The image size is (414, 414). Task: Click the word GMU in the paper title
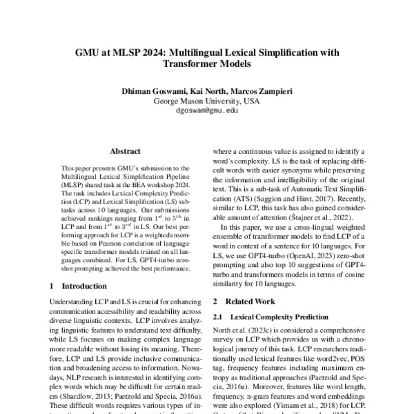88,52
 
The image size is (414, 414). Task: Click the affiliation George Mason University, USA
206,101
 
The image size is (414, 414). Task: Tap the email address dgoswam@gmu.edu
206,110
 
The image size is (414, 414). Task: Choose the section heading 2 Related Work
244,302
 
